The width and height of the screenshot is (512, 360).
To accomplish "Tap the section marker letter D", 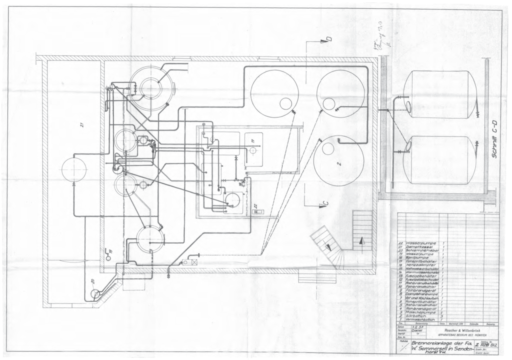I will point(328,39).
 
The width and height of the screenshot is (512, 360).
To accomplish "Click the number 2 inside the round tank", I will point(338,163).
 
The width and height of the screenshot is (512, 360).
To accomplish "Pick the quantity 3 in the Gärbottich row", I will point(443,316).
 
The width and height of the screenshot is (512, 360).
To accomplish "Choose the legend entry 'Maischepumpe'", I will point(421,312).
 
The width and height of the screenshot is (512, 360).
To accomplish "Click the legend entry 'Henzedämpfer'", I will point(421,264).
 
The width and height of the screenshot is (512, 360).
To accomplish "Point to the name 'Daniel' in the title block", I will point(418,330).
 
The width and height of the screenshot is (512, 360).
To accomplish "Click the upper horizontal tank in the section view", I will point(439,94).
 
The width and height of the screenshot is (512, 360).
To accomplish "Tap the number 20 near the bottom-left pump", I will point(93,281).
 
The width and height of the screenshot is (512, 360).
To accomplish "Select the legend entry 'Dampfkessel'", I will point(420,247).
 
